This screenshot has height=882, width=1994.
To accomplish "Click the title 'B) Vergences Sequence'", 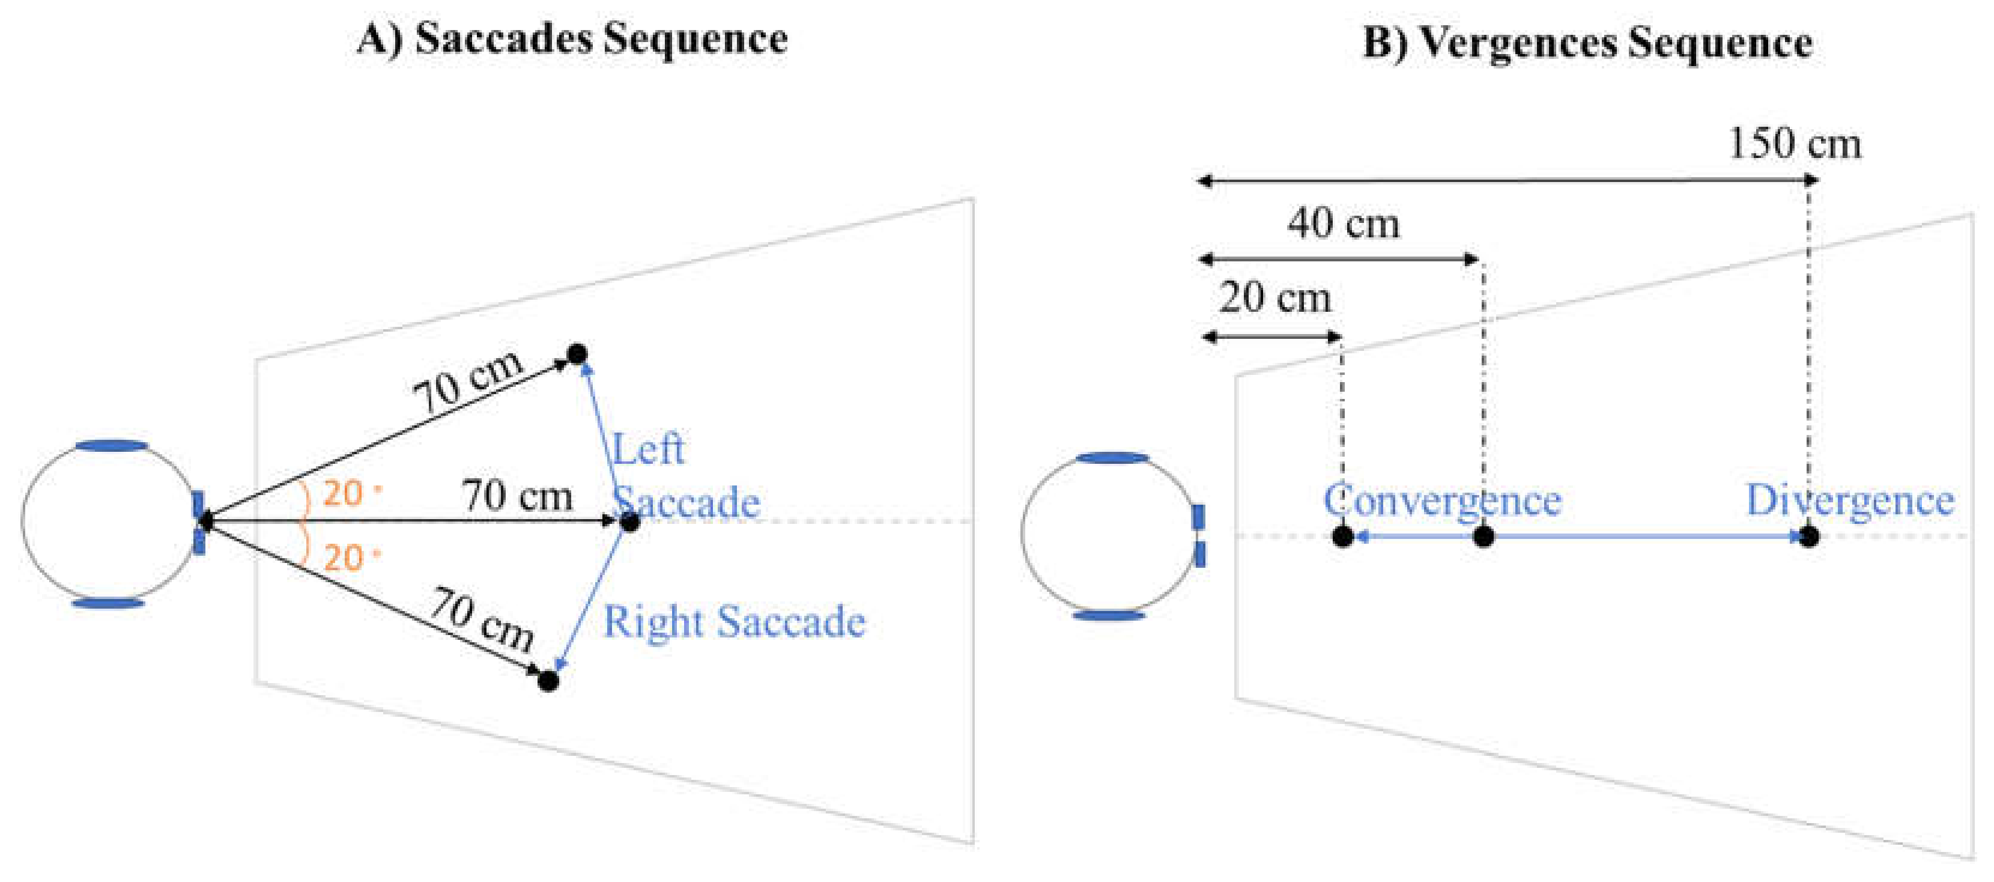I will click(x=1587, y=43).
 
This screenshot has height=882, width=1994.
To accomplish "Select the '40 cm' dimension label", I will click(x=1343, y=225).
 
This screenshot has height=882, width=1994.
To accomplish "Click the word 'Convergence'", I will click(x=1441, y=501).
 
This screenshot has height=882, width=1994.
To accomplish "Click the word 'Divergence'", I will click(x=1849, y=501).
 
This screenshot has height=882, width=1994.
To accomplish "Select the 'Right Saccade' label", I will click(x=734, y=622).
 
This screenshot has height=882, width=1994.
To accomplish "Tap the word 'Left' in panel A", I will click(x=648, y=449).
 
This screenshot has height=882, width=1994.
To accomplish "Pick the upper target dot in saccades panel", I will click(x=577, y=354).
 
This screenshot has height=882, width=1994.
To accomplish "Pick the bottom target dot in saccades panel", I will click(x=548, y=681).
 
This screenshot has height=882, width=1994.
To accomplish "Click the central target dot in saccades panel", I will click(x=630, y=522).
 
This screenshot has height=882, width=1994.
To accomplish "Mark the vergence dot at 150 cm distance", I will click(x=1808, y=536).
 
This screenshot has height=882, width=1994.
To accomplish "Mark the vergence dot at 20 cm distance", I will click(x=1343, y=536).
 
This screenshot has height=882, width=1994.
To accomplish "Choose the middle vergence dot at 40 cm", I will click(x=1483, y=536).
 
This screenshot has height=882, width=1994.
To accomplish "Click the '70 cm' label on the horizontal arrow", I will click(x=517, y=496).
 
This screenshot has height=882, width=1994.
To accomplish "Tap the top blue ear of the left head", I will click(x=111, y=446).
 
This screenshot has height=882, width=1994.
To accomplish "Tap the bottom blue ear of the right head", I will click(x=1109, y=616).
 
